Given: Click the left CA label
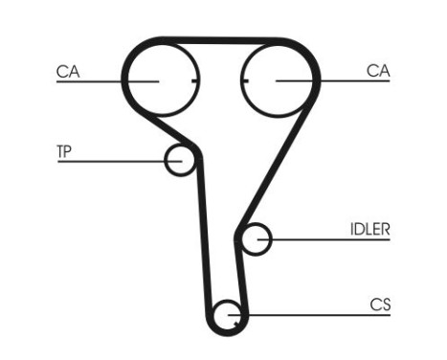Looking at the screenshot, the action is point(68,70).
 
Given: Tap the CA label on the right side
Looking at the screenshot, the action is point(378,70).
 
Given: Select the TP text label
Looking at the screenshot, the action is point(65,151).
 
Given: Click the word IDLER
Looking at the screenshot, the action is point(369,229).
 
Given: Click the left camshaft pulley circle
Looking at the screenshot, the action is point(161,79).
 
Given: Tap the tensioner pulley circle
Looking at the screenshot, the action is point(179,161).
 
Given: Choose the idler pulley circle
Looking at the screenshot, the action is point(256,239).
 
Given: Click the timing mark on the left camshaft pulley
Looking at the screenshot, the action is point(194,80).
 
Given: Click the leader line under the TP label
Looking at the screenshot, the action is point(105,161).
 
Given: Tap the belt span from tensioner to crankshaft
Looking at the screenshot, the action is point(205,239).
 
